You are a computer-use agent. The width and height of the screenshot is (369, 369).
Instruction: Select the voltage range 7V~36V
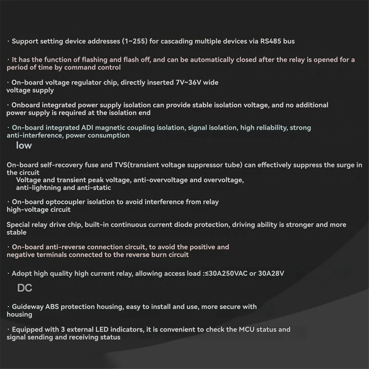click(x=188, y=82)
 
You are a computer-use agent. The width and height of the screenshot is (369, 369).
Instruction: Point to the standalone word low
click(x=24, y=145)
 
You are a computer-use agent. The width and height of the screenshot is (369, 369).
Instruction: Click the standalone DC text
click(x=25, y=288)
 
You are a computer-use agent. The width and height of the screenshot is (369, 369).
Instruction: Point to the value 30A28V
click(x=271, y=273)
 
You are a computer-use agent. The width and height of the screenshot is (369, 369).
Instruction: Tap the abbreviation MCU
click(x=247, y=330)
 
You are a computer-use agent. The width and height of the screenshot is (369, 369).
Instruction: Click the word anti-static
click(x=94, y=188)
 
